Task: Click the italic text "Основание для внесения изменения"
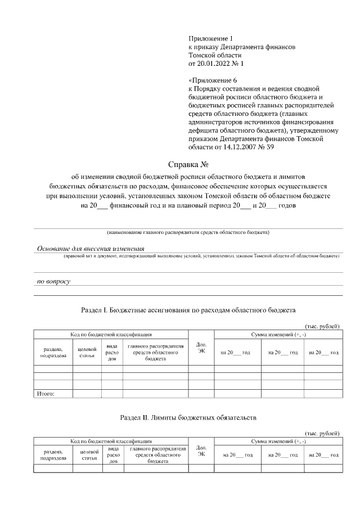pos(91,249)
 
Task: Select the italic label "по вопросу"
pos(53,281)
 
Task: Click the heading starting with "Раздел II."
pos(188,418)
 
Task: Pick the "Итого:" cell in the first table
pos(45,394)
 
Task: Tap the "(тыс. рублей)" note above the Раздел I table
pos(322,326)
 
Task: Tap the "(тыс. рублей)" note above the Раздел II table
pos(322,433)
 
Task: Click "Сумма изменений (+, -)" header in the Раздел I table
pos(278,335)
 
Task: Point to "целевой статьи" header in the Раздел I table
pos(87,352)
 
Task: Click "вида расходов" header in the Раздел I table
pos(112,353)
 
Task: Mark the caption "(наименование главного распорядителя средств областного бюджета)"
pos(188,232)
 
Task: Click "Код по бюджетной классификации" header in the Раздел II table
pos(110,442)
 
